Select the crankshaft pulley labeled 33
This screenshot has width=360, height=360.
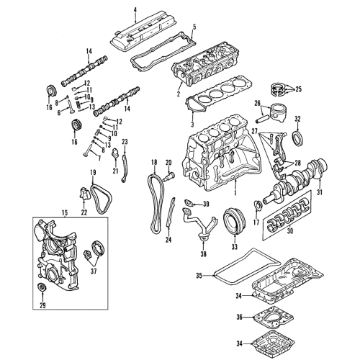point(233,219)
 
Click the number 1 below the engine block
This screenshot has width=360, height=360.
point(234,194)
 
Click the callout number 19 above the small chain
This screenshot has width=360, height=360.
point(93,173)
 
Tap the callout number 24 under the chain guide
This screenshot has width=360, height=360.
point(168,238)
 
